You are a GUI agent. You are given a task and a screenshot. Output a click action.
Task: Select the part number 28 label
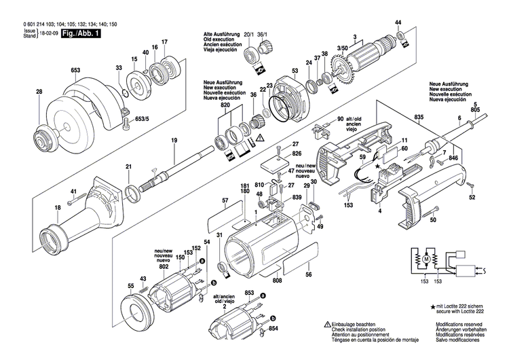39,92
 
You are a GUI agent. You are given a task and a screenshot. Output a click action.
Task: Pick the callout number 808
277,281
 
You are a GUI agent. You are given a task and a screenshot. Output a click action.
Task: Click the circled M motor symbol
426,259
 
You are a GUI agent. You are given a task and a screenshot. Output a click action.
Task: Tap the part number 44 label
398,22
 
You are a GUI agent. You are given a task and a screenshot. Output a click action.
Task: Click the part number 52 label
471,198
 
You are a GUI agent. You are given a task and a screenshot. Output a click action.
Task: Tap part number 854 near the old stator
274,329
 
